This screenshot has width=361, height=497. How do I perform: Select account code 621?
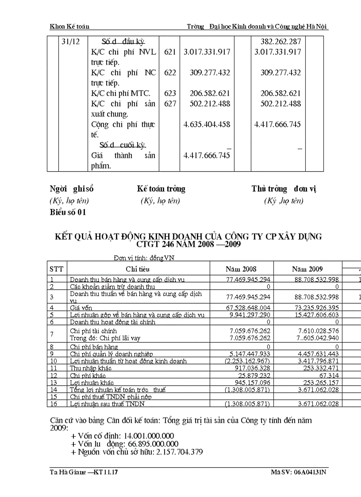point(169,52)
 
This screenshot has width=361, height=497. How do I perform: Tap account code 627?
point(169,104)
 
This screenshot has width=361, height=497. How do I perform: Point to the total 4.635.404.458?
point(207,124)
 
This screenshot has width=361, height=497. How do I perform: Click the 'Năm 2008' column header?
point(241,269)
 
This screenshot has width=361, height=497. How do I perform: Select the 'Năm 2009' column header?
point(307,269)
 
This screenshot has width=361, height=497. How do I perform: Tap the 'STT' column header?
point(56,269)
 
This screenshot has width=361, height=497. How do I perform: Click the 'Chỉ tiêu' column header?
point(138,269)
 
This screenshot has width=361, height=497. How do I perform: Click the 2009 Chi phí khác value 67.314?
point(328,375)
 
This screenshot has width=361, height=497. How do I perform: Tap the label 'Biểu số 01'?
point(68,212)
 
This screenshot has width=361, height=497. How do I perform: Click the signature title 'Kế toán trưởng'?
point(161,189)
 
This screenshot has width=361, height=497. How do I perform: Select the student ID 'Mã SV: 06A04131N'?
point(299,473)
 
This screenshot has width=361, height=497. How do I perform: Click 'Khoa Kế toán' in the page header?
point(69,27)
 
